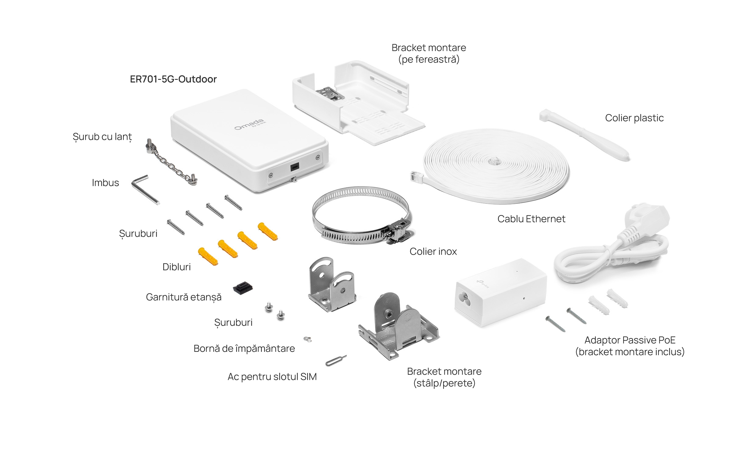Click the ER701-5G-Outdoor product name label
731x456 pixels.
tap(173, 79)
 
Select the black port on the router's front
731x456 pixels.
tap(294, 167)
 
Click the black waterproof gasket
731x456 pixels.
tap(243, 288)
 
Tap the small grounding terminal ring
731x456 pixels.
tap(308, 339)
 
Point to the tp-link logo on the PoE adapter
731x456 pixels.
tap(483, 284)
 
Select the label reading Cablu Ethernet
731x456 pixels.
tap(531, 219)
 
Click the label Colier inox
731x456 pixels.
tap(433, 252)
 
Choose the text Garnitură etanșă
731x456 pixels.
tap(184, 297)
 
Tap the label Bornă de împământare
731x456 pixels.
tap(244, 348)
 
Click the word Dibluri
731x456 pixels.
tap(176, 267)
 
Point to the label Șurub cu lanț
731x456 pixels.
tap(102, 137)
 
